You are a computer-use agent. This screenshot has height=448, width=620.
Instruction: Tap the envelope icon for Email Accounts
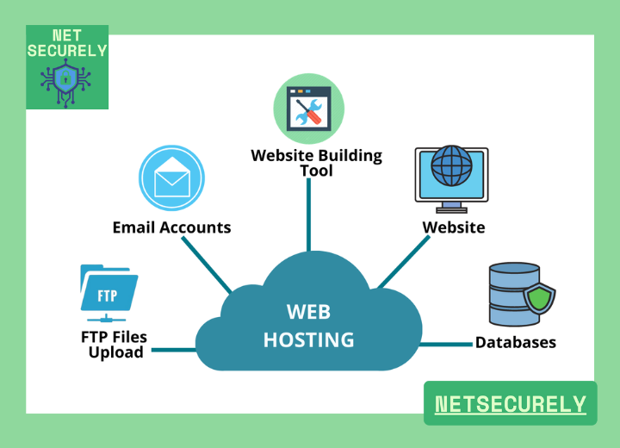pyautogui.click(x=171, y=179)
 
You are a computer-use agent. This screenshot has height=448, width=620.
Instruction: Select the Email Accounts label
pyautogui.click(x=171, y=227)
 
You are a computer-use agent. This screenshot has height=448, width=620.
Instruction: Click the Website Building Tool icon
pyautogui.click(x=308, y=109)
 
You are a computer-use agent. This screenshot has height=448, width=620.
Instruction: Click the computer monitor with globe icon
pyautogui.click(x=451, y=177)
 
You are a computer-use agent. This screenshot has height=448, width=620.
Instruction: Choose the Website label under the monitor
pyautogui.click(x=453, y=227)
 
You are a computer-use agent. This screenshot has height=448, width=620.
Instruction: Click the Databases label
pyautogui.click(x=515, y=343)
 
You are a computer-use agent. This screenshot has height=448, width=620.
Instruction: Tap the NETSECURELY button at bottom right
pyautogui.click(x=510, y=403)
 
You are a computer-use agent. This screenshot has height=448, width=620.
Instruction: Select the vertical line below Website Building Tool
pyautogui.click(x=308, y=215)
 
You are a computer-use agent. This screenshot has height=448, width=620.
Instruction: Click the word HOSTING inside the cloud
pyautogui.click(x=308, y=339)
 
